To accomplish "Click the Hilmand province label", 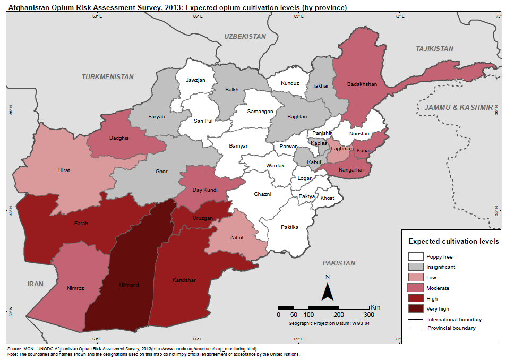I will (128, 285).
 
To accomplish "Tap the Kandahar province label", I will (184, 280).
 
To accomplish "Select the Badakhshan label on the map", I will (362, 84).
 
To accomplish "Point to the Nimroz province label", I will (75, 288).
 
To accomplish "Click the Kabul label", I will (314, 161).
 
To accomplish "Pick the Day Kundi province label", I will (204, 190).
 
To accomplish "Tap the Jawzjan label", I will (195, 80).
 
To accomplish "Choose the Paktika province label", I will (289, 227).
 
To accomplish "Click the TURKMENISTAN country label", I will (108, 77).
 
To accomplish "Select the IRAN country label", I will (36, 284).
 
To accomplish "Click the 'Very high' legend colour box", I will (415, 308).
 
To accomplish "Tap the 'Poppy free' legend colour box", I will (415, 256).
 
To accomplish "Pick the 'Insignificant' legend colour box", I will (415, 267).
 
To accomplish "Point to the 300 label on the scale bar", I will (369, 315).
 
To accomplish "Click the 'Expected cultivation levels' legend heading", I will (453, 241).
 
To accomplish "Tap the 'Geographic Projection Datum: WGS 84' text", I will (329, 323).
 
